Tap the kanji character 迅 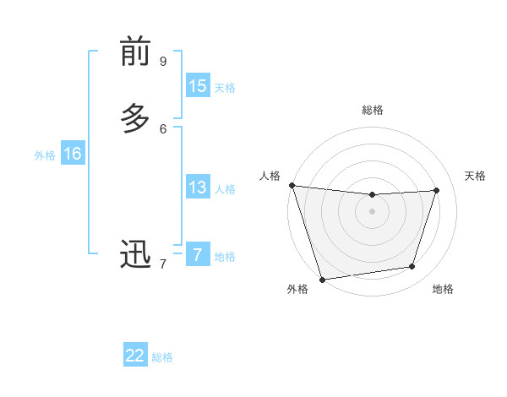[134, 254]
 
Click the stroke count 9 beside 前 [163, 62]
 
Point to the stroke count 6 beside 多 [163, 128]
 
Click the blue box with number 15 [198, 86]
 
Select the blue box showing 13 [198, 188]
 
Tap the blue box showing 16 [73, 154]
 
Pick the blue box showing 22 [135, 356]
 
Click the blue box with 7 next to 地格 [198, 255]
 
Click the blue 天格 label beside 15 [225, 88]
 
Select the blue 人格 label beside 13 [225, 189]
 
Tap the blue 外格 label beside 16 [45, 155]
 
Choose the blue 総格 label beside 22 [162, 357]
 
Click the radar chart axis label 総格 [373, 110]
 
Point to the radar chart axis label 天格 [475, 176]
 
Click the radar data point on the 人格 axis [292, 185]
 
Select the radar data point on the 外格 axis [322, 279]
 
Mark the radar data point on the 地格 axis [412, 267]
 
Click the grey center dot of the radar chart [373, 211]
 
